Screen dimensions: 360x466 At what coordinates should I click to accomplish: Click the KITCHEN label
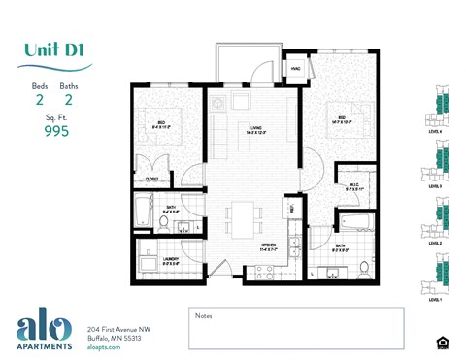coord(269,246)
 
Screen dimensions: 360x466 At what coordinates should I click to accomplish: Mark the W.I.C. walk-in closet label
coord(352,188)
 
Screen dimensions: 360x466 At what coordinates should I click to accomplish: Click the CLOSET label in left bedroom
coord(152,179)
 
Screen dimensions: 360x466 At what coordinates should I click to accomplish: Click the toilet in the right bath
coord(364,267)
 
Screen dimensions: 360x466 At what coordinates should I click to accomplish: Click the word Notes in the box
coord(204,315)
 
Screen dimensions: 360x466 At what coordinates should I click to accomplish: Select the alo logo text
coord(43,326)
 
